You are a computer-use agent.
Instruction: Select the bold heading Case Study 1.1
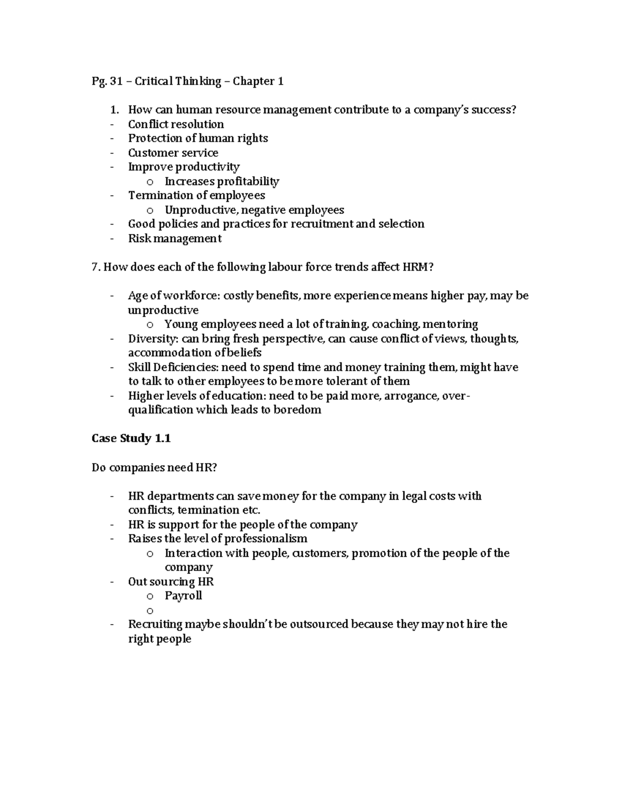tap(131, 439)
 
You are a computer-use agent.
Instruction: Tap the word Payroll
tap(183, 596)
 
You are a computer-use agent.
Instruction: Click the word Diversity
tap(152, 339)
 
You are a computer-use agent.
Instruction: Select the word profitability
tap(248, 181)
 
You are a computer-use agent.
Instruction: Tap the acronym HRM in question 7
tap(415, 267)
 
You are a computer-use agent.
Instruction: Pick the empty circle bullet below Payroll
tap(150, 611)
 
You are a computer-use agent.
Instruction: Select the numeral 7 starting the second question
tap(94, 267)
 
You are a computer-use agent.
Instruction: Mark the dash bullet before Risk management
tap(112, 239)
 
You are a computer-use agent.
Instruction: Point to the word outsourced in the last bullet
tap(319, 624)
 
